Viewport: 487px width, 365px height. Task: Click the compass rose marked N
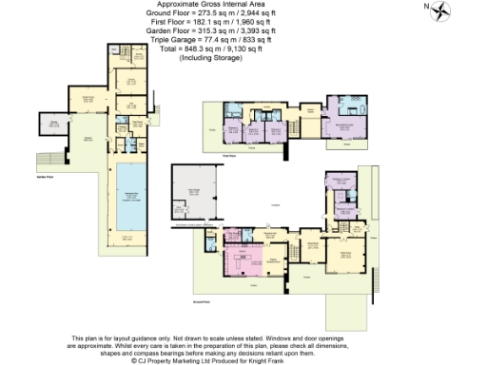(440, 12)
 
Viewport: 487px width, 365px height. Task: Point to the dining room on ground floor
(310, 253)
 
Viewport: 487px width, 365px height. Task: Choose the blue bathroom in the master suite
(342, 102)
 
